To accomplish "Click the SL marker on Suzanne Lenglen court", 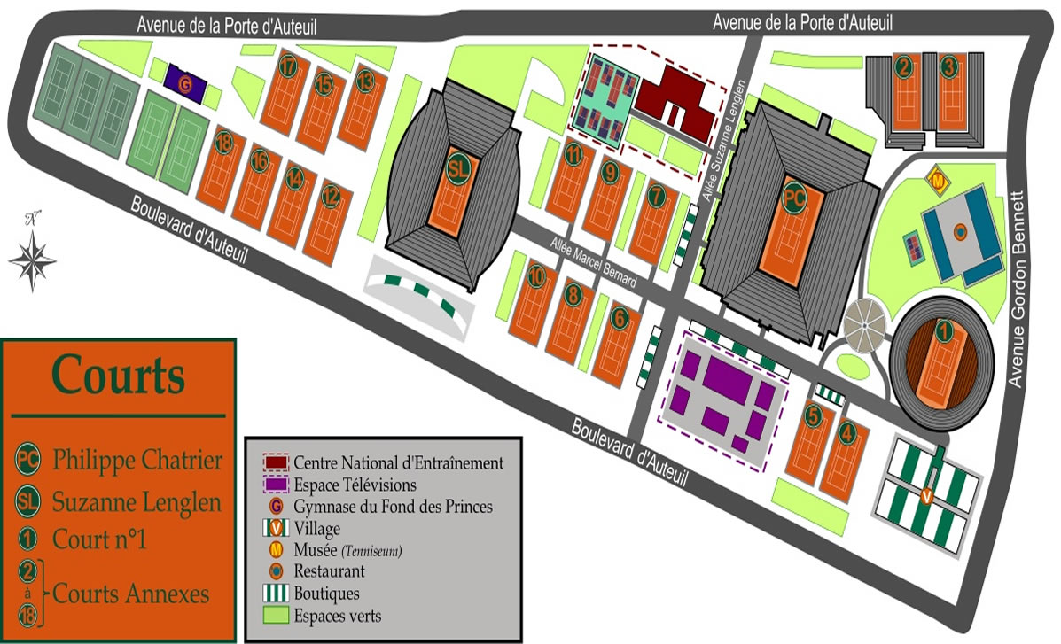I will click(x=458, y=168).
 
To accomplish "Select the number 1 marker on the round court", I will click(x=944, y=332).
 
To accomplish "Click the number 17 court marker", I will click(x=287, y=67).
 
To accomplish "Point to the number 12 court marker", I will click(x=331, y=193).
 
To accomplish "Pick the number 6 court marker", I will click(x=620, y=316).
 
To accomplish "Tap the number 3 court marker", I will click(x=949, y=66).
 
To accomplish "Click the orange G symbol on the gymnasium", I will click(x=185, y=85).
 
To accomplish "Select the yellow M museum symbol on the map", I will click(x=937, y=181).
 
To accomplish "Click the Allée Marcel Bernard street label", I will click(x=593, y=262).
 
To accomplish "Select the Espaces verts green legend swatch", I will click(x=276, y=614).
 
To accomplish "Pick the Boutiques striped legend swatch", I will click(x=276, y=593).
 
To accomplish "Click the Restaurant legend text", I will click(x=329, y=571).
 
